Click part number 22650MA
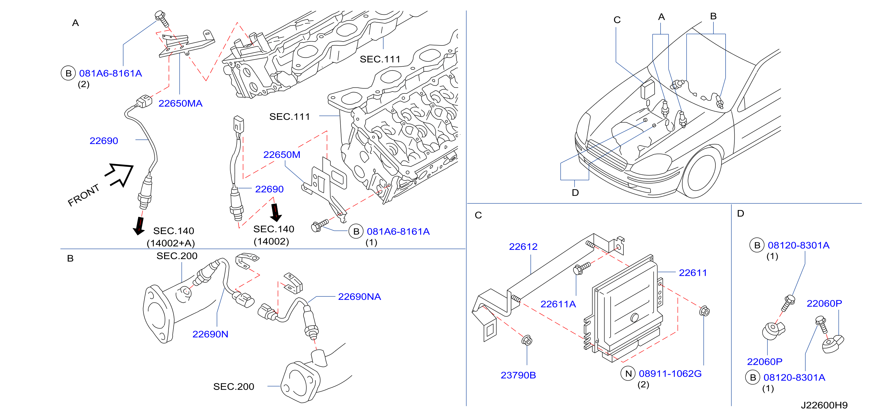(180, 103)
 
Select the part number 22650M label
(281, 154)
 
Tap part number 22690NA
(359, 296)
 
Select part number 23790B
(518, 375)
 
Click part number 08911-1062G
(670, 374)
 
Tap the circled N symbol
(628, 374)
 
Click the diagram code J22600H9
(824, 405)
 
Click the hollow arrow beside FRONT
(119, 175)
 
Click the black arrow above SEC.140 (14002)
(276, 212)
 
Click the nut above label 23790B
(527, 341)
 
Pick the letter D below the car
(575, 193)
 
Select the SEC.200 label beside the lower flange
(233, 387)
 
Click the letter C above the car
(617, 20)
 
